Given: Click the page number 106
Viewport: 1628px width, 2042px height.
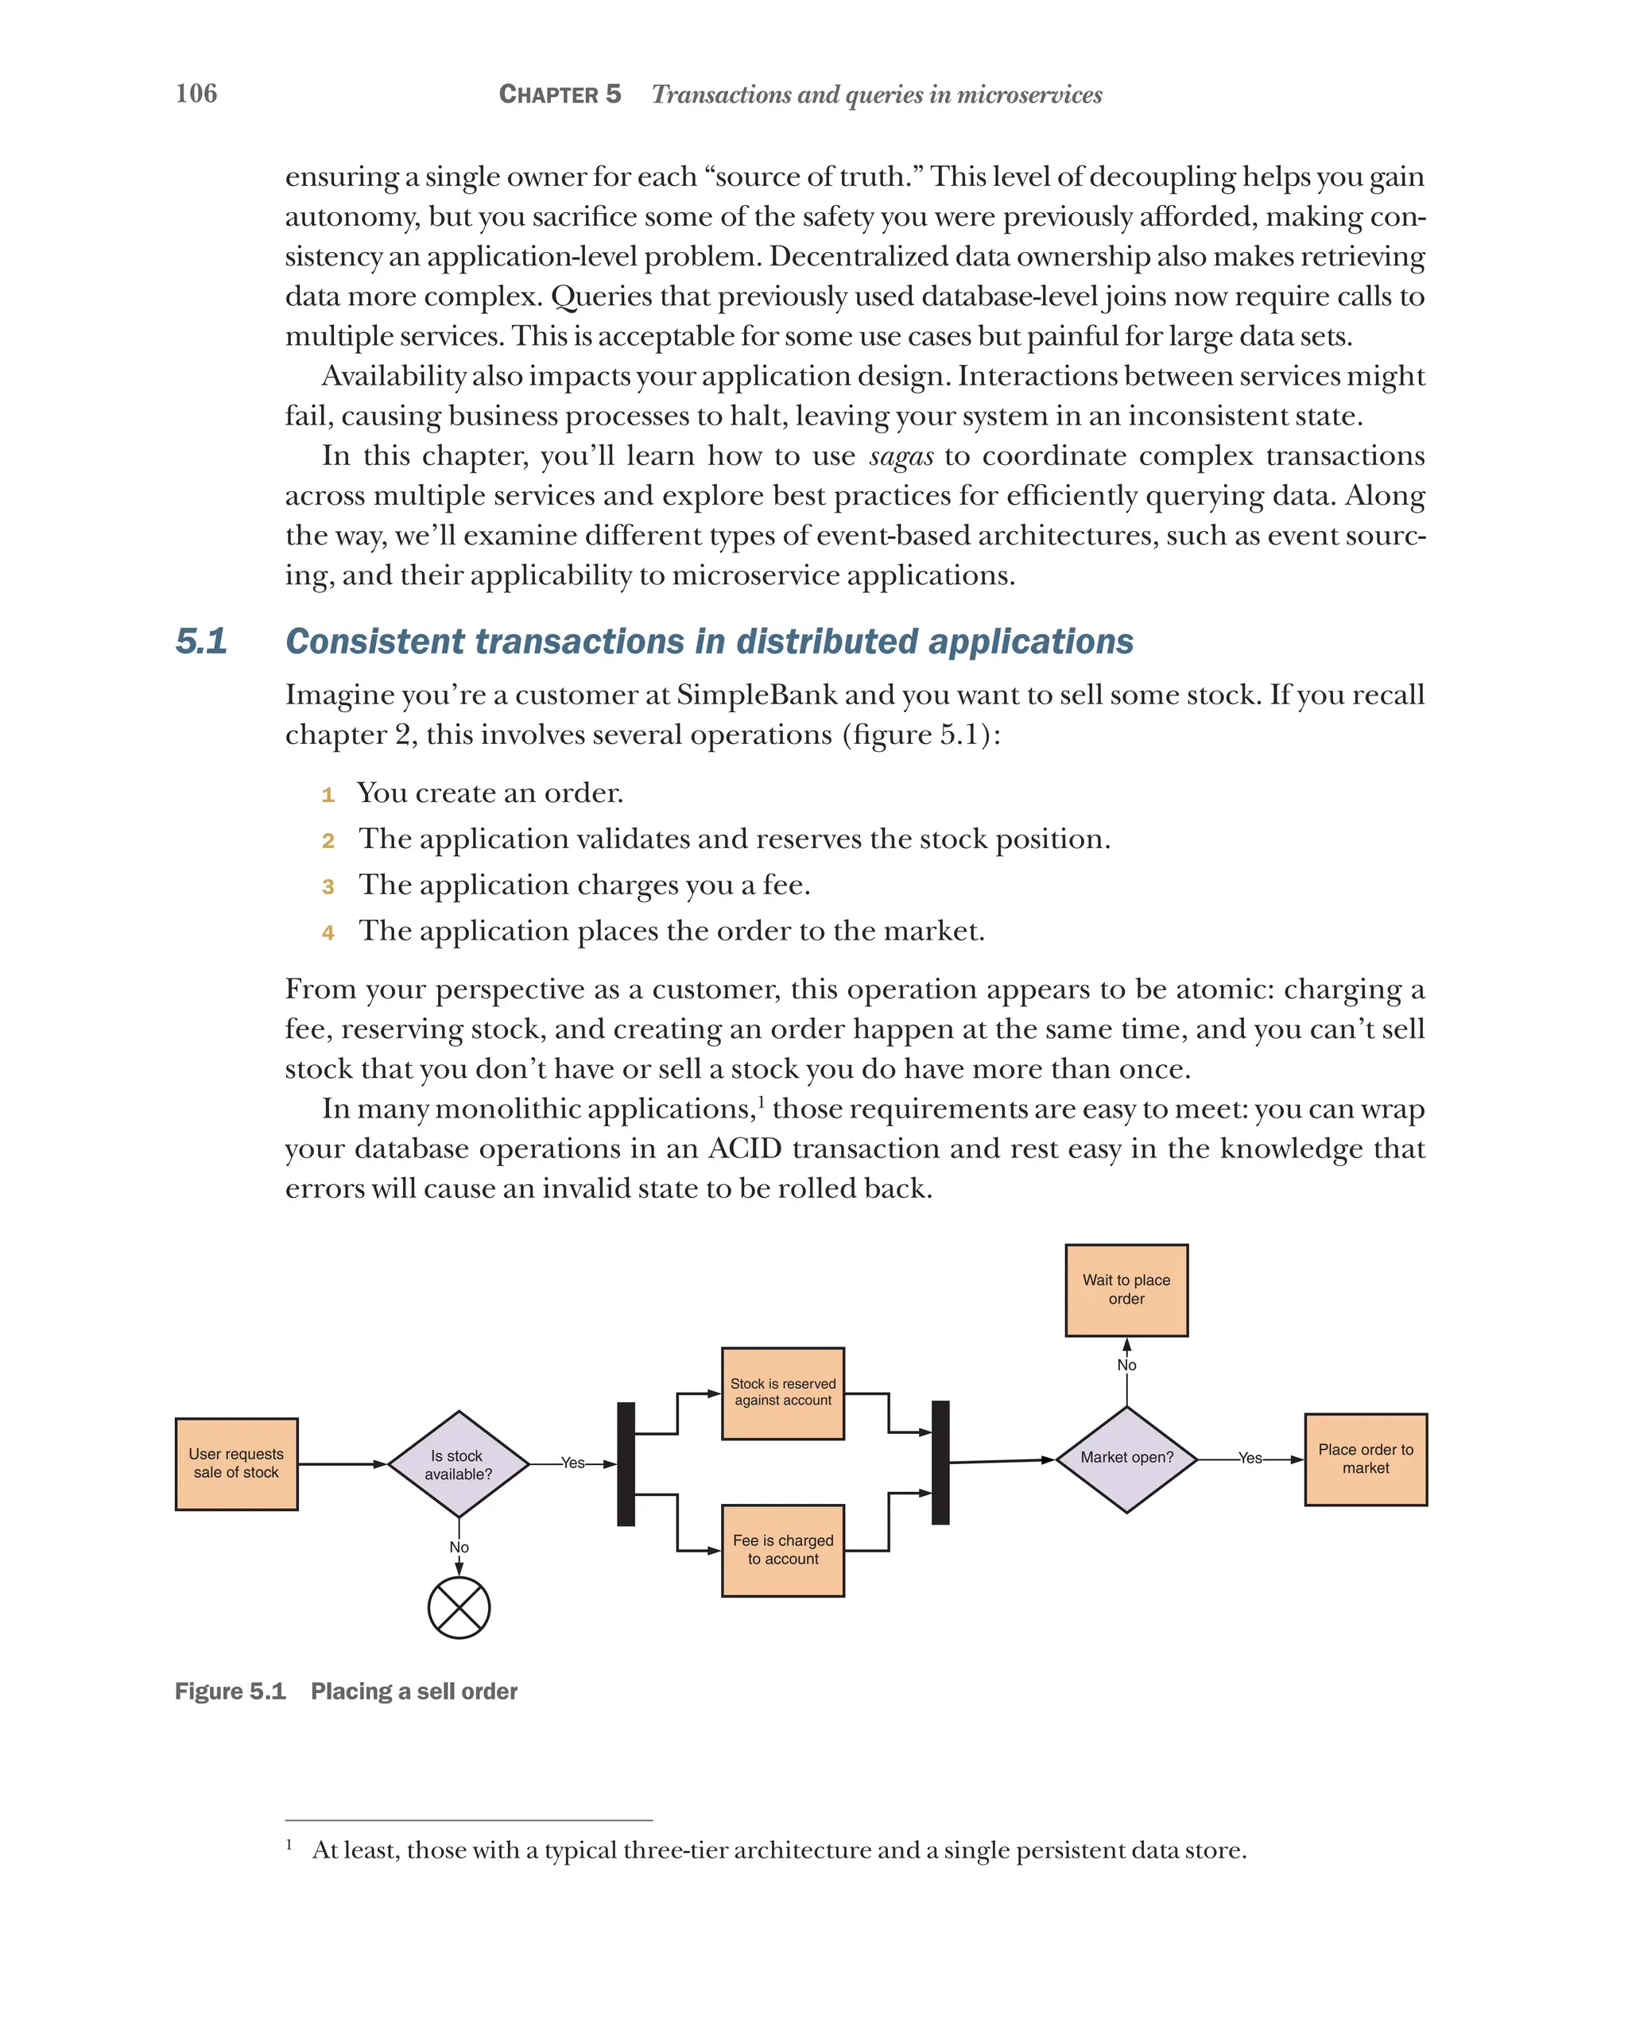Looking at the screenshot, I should click(x=196, y=93).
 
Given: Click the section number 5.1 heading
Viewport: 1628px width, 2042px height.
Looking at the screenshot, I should click(x=201, y=641).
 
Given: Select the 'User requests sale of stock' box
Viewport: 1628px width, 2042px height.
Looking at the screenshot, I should click(x=236, y=1463).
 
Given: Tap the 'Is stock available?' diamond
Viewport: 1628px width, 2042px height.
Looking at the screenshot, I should click(x=459, y=1464).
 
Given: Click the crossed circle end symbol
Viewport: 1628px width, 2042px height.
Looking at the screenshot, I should click(x=459, y=1607).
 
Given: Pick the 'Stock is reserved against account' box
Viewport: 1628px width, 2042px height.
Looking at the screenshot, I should click(x=782, y=1393).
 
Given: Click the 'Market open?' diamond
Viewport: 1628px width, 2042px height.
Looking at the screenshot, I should click(x=1126, y=1459).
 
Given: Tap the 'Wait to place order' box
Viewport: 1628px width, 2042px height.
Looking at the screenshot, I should click(x=1126, y=1290).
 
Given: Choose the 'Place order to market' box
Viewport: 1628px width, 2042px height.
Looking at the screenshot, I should click(x=1365, y=1459).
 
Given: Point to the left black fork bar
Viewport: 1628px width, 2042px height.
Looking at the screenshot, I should click(x=626, y=1463).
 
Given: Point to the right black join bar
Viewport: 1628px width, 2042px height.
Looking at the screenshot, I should click(x=940, y=1463).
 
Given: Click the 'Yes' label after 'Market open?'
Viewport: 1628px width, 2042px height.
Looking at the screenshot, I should click(x=1250, y=1459).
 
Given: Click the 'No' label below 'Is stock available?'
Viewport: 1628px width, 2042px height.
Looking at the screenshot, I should click(x=459, y=1547).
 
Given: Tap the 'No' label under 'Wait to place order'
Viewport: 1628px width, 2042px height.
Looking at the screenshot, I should click(x=1126, y=1365).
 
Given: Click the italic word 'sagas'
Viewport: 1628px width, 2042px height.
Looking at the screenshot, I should click(x=901, y=456).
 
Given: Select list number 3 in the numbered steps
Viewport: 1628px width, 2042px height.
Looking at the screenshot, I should click(x=328, y=886).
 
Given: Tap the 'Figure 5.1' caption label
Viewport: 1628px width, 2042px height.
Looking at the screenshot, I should click(x=231, y=1691).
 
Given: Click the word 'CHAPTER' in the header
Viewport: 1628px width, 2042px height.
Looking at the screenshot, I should click(x=548, y=95).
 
